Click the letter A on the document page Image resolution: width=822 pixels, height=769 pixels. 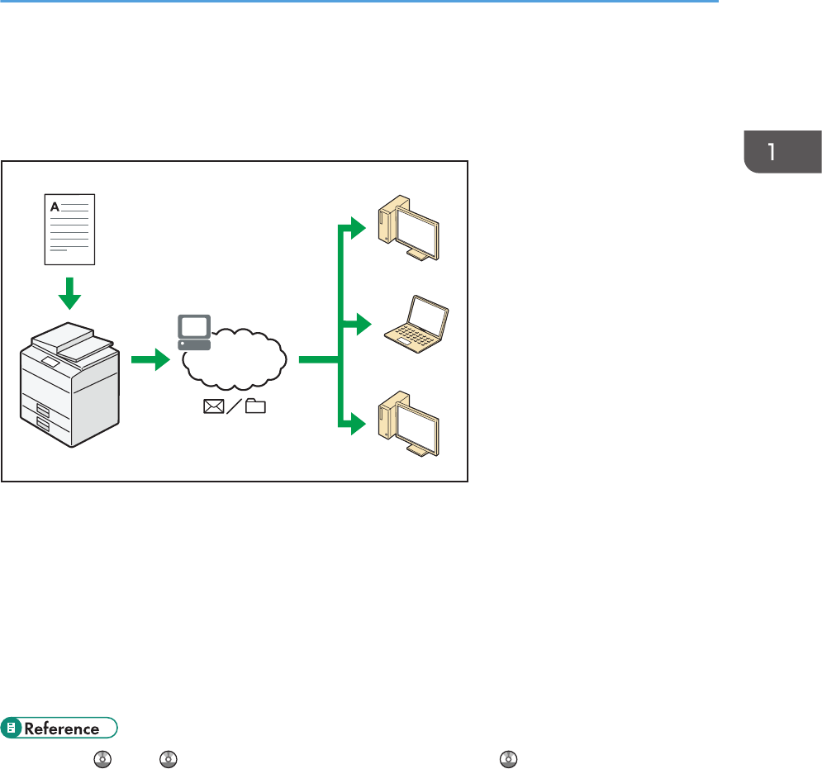tap(55, 206)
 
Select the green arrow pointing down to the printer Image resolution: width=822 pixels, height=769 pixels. tap(70, 292)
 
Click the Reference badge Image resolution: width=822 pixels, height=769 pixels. tap(60, 729)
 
